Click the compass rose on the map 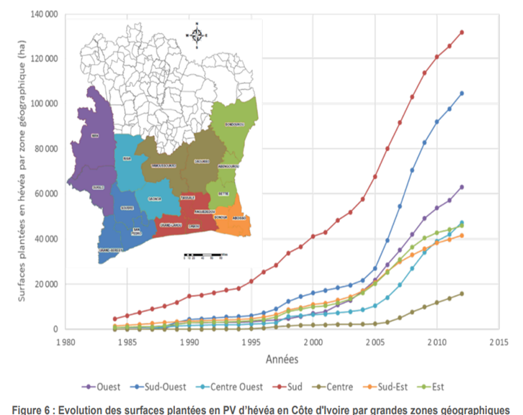197,35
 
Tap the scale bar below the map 205,255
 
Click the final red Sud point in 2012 462,32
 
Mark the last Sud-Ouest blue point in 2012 462,94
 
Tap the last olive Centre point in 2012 462,293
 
